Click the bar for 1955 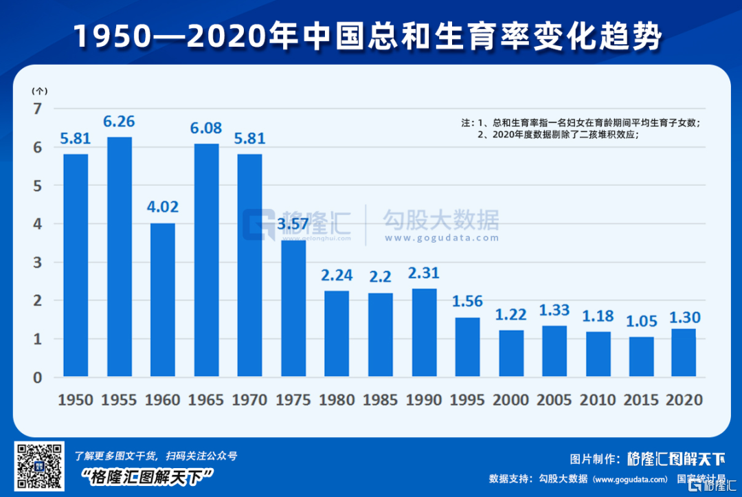[120, 256]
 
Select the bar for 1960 [163, 300]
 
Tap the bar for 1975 [293, 308]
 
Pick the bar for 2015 [642, 357]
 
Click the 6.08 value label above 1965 [207, 129]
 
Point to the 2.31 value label [424, 273]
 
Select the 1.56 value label [468, 302]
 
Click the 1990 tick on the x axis [424, 400]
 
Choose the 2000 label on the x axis [511, 400]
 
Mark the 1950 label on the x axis [76, 400]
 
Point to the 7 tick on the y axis [37, 108]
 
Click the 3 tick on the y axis [37, 262]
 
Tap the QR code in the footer [40, 465]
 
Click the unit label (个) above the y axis [39, 91]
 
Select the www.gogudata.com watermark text [441, 238]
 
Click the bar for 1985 [381, 335]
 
